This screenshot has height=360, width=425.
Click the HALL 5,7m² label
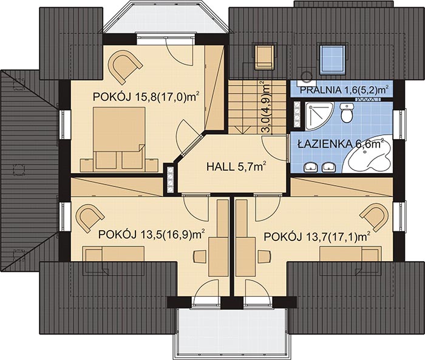236,166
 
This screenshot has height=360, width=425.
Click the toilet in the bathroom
347,113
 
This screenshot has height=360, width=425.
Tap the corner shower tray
318,116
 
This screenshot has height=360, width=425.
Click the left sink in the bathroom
311,168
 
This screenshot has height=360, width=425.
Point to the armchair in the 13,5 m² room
89,217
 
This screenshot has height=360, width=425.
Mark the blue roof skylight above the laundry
333,59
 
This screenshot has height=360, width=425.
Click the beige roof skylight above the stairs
264,56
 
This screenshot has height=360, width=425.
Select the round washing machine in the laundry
308,76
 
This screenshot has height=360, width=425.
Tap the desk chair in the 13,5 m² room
200,257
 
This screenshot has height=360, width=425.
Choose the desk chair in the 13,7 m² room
265,257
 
